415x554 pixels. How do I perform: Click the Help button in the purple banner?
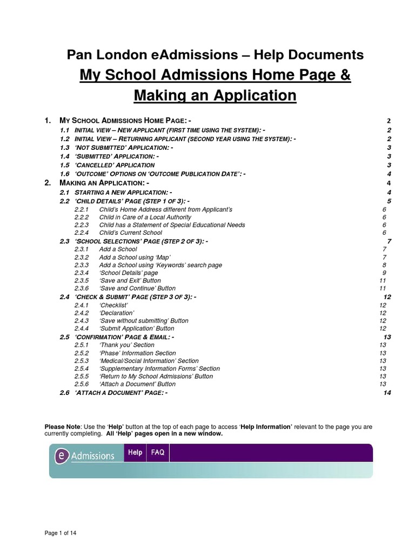click(x=135, y=452)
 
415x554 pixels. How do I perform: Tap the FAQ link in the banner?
click(x=158, y=452)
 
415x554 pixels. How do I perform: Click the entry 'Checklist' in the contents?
click(x=113, y=305)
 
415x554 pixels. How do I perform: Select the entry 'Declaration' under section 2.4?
click(x=117, y=313)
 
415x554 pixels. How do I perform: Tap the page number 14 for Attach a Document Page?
click(x=386, y=392)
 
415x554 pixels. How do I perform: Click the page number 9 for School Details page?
click(x=384, y=273)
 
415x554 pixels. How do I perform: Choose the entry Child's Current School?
click(x=130, y=233)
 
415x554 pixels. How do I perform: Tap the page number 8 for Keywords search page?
click(x=384, y=265)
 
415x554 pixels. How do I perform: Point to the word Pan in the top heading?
click(x=77, y=54)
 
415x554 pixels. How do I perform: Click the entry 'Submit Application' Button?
click(x=137, y=328)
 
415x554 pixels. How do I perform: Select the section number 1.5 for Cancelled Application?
click(x=65, y=165)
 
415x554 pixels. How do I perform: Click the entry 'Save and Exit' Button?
click(x=130, y=281)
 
